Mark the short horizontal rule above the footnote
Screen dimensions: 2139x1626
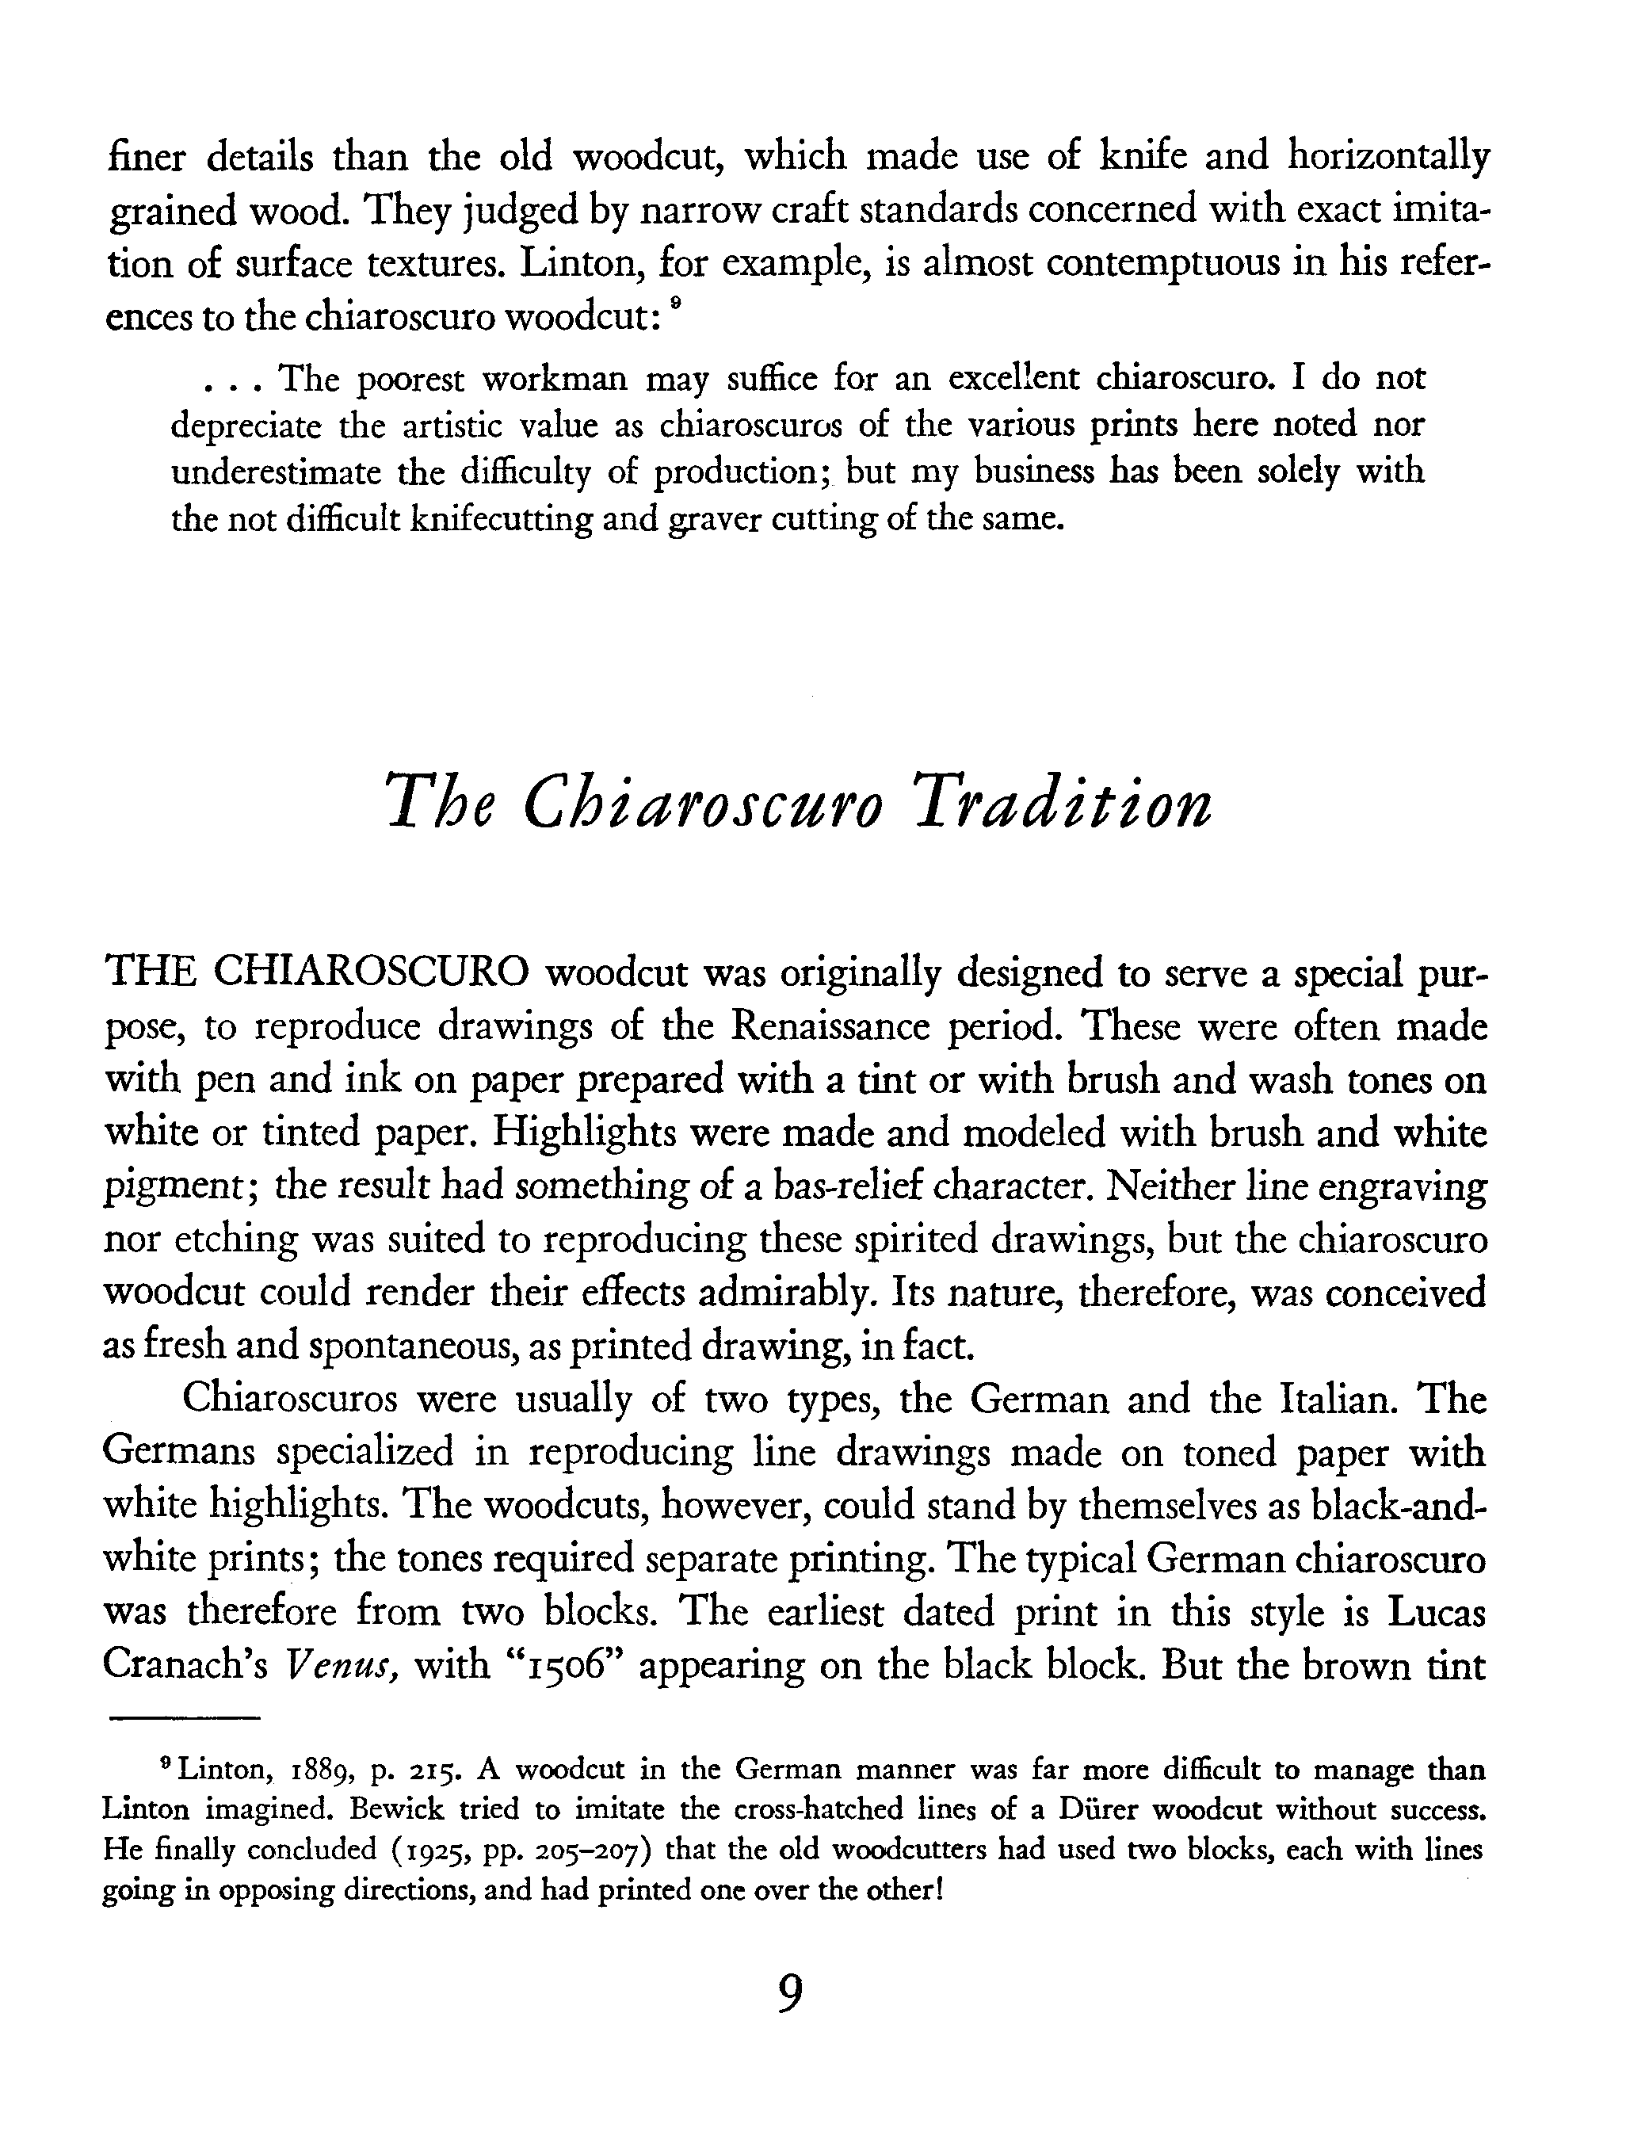pyautogui.click(x=185, y=1718)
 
